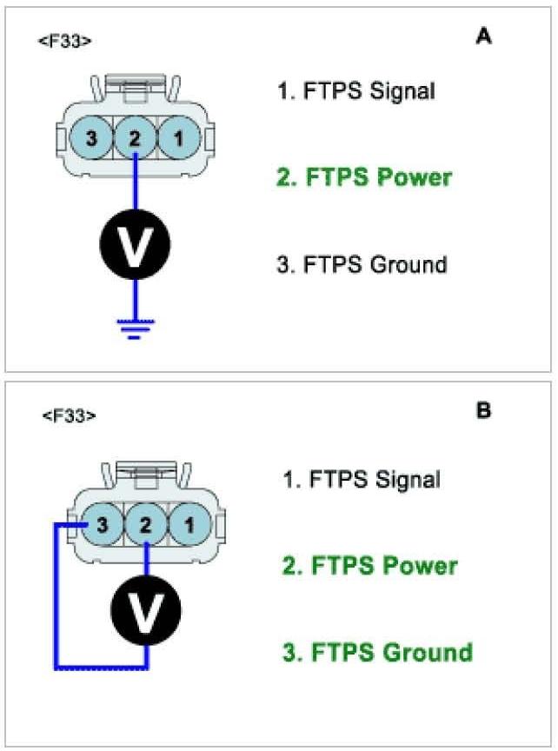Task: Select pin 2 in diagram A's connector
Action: coord(135,136)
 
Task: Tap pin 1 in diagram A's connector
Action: coord(177,136)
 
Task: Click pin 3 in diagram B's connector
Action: coord(103,524)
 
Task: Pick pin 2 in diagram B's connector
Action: coord(145,524)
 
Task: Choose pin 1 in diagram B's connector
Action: coord(186,524)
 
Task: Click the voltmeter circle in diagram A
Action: coord(134,245)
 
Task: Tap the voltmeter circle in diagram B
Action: coord(146,609)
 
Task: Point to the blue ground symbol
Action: coord(134,326)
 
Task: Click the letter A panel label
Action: coord(483,37)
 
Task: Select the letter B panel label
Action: coord(483,409)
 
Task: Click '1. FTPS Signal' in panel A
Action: coord(355,90)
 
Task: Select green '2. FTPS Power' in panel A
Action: coord(364,177)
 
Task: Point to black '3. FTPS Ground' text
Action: coord(362,264)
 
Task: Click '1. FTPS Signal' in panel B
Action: coord(361,479)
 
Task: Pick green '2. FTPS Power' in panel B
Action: coord(369,566)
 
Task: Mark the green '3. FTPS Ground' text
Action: coord(377,652)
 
